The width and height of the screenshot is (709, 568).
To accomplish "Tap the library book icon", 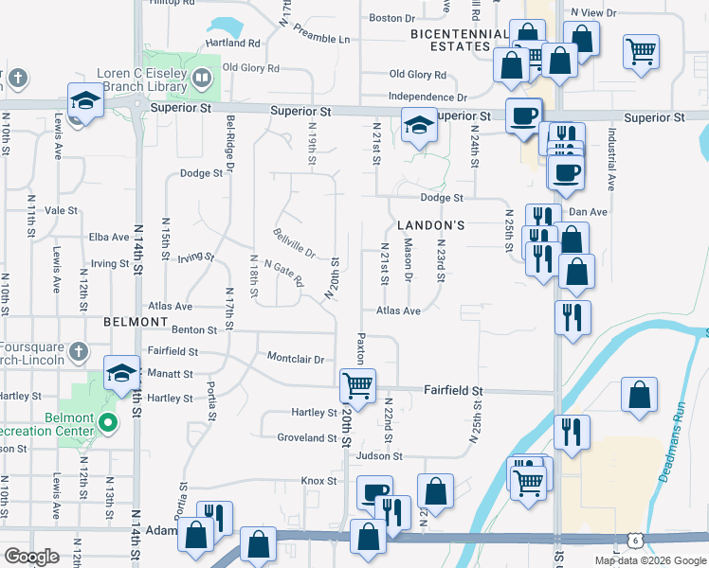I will pos(201,77).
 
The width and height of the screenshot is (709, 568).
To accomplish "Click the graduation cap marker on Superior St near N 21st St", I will pos(417,125).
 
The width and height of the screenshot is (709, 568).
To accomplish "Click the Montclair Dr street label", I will pos(296,359).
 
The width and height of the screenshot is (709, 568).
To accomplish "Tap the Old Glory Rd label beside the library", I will pos(250,68).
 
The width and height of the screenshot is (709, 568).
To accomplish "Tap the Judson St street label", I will pos(379,455).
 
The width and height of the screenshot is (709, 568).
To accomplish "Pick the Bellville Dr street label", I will pos(293,243).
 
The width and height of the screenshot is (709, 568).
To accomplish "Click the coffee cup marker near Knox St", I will pos(373,493).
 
